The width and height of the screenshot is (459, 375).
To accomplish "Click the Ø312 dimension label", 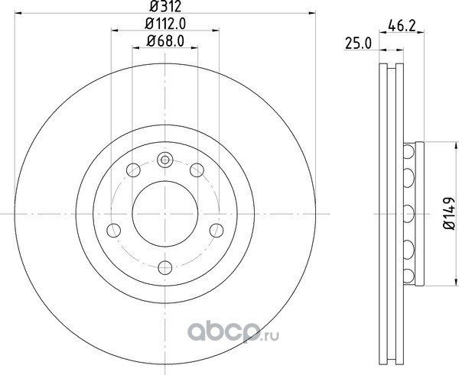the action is point(165,6).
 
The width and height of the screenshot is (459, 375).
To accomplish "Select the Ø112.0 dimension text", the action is point(165,24).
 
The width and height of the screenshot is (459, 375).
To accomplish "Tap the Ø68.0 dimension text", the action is point(165,41).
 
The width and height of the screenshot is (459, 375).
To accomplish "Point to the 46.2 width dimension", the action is point(402,26).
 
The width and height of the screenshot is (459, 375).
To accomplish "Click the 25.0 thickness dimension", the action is point(358,44).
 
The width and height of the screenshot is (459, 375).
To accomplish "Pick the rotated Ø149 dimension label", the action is point(449,213).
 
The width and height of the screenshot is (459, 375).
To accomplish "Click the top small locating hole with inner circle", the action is point(165,160).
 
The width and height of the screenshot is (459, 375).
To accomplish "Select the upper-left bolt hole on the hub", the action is point(133,170).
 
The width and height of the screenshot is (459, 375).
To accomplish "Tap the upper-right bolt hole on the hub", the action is point(197,170).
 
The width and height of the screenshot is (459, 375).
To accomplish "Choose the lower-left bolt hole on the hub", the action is point(114,231).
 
